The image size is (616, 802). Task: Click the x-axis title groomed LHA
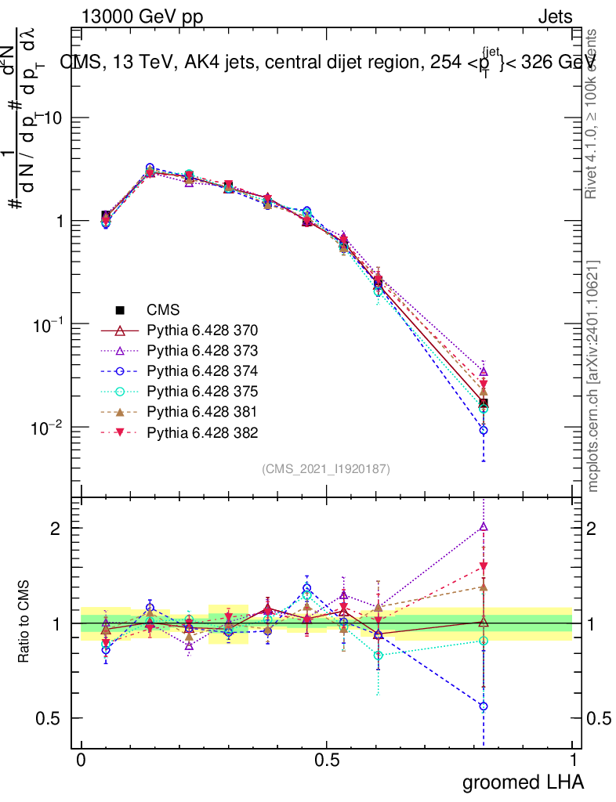pyautogui.click(x=524, y=782)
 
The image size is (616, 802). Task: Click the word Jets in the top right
pyautogui.click(x=554, y=18)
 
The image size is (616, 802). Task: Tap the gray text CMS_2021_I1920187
pyautogui.click(x=326, y=468)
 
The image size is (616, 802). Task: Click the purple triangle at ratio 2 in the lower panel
pyautogui.click(x=484, y=527)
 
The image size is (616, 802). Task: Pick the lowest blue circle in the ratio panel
pyautogui.click(x=484, y=706)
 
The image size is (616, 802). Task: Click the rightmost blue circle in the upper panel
pyautogui.click(x=484, y=430)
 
